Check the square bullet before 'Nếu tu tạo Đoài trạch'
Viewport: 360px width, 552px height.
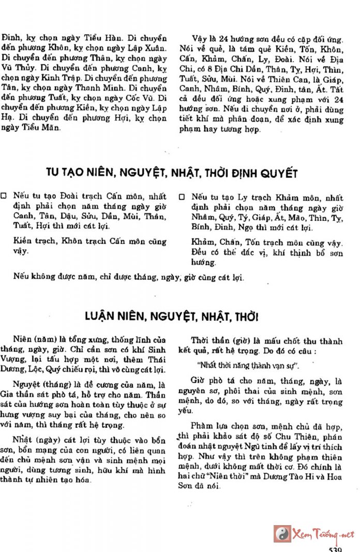(x=5, y=197)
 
